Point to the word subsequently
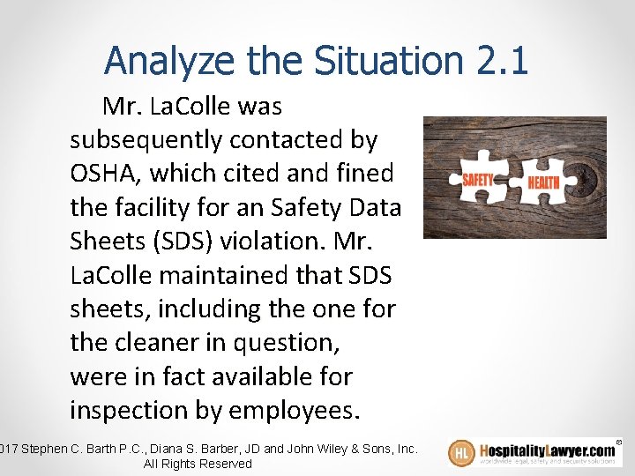148,140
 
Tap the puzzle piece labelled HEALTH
544,181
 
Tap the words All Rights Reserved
198,464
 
